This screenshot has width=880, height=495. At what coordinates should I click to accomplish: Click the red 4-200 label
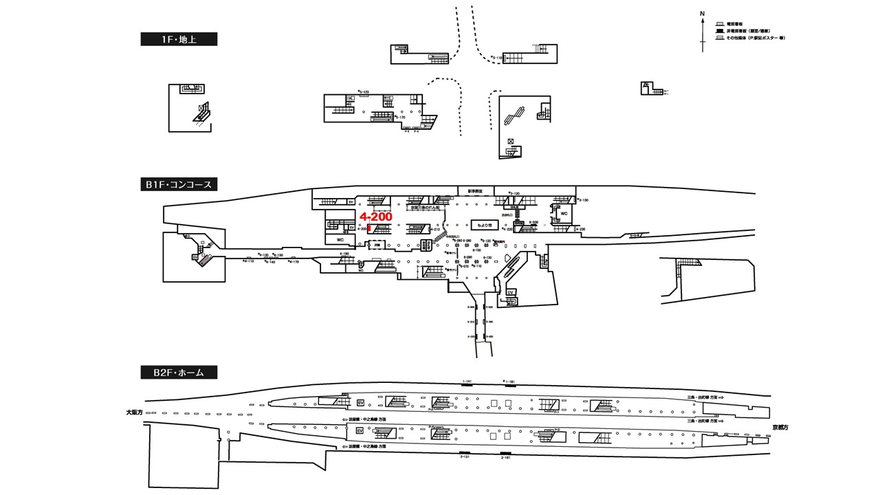(376, 217)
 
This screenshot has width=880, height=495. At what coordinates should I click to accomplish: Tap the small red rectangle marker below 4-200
(369, 229)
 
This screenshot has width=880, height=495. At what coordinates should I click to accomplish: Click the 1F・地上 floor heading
(179, 39)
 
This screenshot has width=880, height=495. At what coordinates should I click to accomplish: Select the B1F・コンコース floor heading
(179, 184)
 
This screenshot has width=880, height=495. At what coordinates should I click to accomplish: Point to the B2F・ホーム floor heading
(179, 373)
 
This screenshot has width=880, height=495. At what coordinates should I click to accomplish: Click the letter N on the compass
(702, 14)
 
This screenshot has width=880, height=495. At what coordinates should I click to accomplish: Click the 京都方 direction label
(780, 427)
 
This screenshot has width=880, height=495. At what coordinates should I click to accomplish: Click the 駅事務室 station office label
(475, 191)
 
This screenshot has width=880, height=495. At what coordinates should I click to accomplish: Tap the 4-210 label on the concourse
(434, 230)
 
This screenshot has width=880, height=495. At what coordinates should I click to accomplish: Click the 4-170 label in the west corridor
(294, 262)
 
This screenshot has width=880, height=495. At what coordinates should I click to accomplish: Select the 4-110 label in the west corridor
(248, 261)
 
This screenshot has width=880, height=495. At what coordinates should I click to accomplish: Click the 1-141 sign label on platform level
(467, 381)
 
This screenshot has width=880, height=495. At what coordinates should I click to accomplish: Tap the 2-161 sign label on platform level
(506, 457)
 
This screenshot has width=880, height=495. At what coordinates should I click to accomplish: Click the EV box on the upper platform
(360, 403)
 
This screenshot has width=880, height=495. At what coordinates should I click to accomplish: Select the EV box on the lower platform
(360, 430)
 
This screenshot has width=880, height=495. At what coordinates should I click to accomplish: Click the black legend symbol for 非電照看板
(719, 31)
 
